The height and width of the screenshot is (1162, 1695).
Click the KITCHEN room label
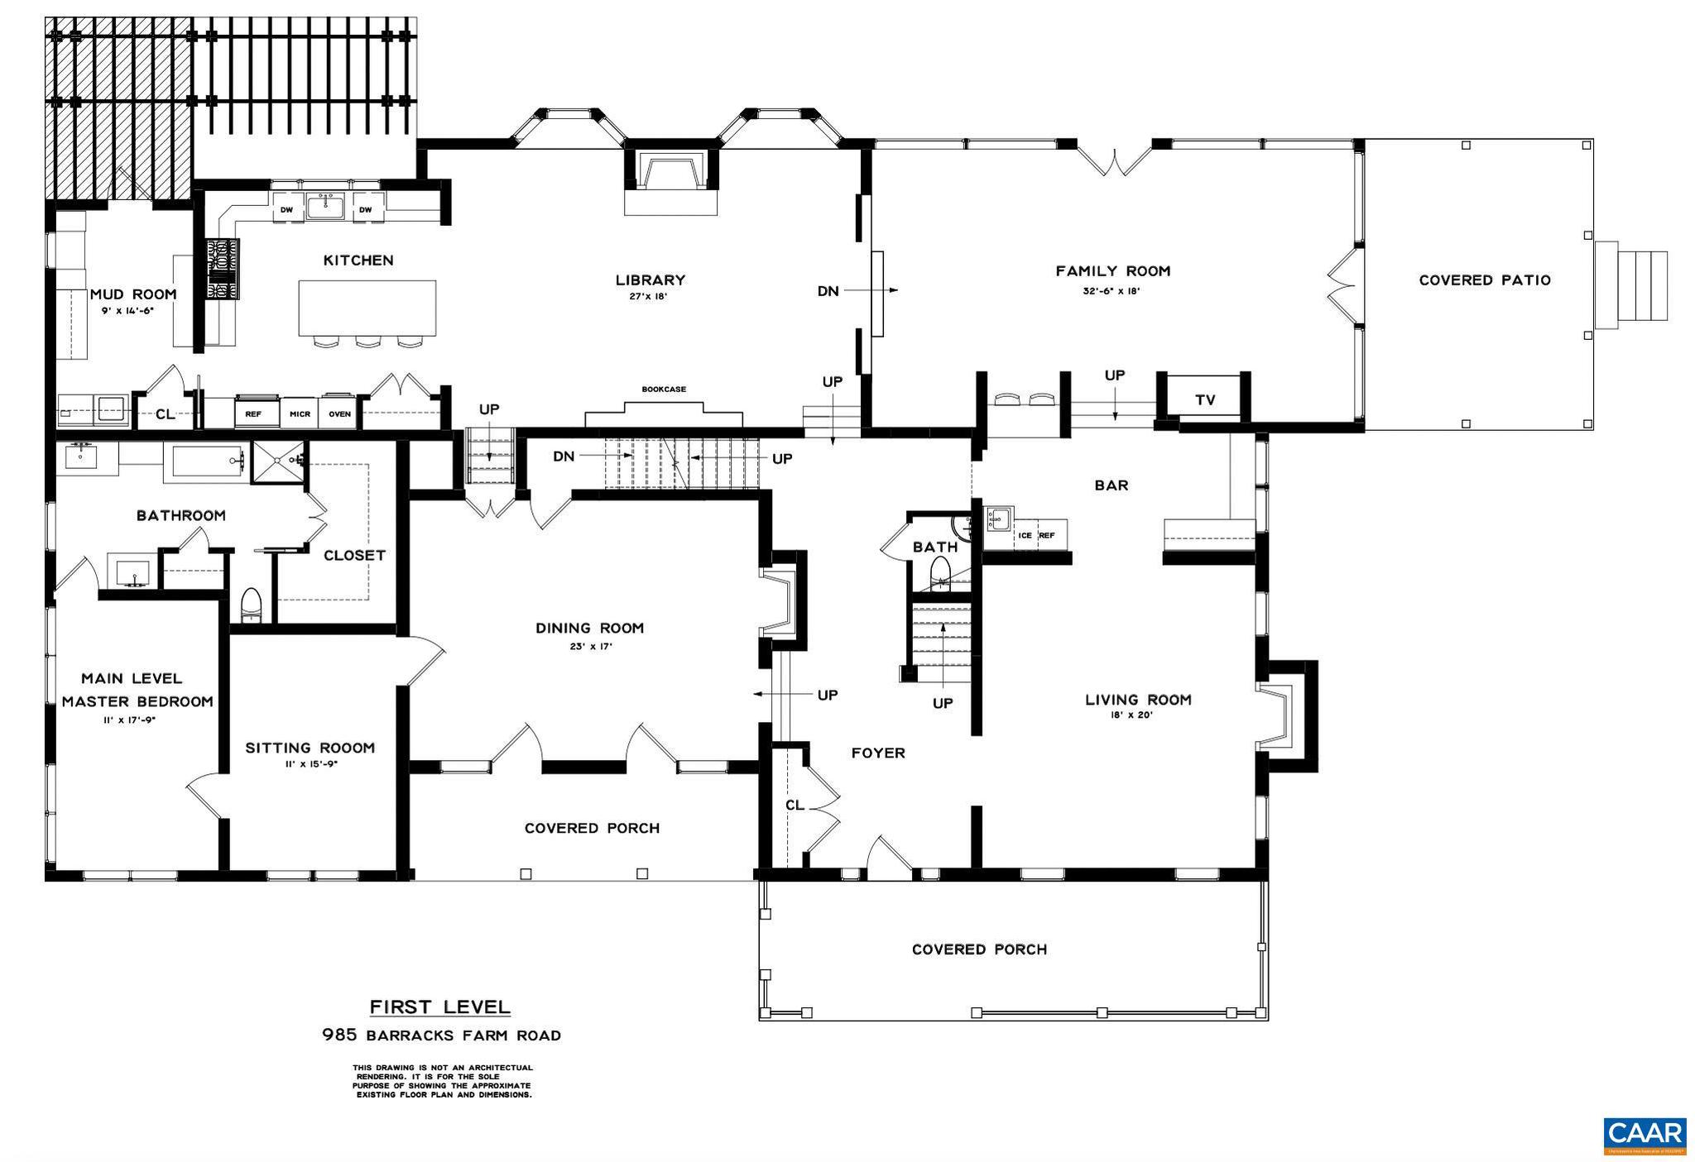point(358,261)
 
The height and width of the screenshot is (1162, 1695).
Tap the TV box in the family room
point(1205,400)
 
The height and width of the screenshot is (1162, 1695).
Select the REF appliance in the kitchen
point(253,414)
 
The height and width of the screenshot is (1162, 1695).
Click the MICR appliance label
point(299,414)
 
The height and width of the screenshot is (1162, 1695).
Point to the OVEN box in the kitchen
point(339,414)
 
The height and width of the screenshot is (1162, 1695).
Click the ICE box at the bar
point(1025,535)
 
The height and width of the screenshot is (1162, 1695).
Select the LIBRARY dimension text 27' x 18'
point(649,296)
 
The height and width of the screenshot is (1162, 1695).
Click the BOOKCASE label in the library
point(664,389)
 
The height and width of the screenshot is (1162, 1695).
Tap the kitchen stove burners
point(222,269)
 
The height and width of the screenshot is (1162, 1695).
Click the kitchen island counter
point(367,308)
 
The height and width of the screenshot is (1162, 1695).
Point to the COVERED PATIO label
point(1485,280)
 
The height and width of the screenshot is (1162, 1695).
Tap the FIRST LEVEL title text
point(439,1007)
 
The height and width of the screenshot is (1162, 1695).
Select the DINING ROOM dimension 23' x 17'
point(589,647)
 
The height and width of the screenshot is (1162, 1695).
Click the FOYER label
point(878,753)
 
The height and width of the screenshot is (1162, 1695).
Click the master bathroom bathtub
point(207,460)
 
